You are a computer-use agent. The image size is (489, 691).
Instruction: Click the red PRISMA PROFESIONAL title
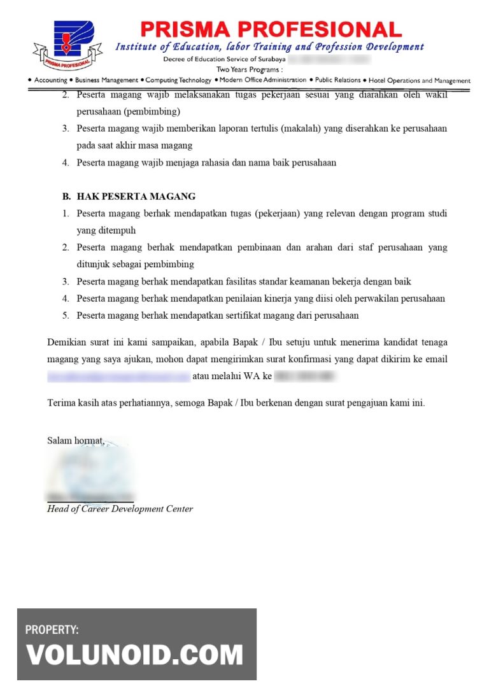tap(271, 29)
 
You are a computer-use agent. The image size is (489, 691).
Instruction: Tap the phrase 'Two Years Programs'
tap(249, 69)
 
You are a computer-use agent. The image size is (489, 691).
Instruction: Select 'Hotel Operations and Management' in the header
tap(420, 81)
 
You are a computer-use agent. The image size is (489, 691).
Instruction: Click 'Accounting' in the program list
tap(50, 80)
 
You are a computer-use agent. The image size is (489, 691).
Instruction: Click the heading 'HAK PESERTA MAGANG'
tap(136, 197)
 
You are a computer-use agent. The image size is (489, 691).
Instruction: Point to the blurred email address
tap(118, 377)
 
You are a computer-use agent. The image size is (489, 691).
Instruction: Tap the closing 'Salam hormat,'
tap(75, 440)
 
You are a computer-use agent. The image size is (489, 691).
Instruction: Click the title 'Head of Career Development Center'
tap(120, 509)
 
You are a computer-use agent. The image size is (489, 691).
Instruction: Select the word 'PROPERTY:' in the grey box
tap(52, 630)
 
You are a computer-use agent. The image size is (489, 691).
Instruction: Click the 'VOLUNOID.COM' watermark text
tap(134, 655)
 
